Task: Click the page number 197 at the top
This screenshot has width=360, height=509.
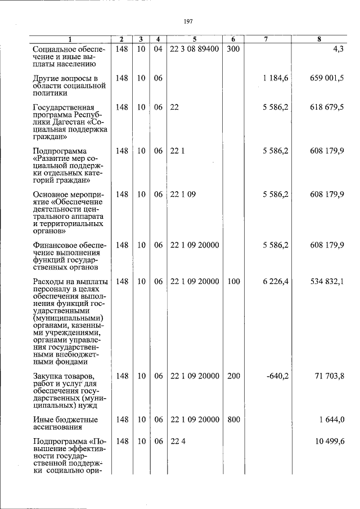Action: point(188,21)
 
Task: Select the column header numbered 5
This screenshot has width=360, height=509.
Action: point(194,39)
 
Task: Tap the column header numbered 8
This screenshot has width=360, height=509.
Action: point(319,39)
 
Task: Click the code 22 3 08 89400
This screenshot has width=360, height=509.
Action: point(194,49)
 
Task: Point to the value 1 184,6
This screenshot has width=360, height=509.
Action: point(275,78)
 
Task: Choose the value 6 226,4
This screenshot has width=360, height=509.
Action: point(275,281)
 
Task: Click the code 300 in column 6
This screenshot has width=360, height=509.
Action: point(233,49)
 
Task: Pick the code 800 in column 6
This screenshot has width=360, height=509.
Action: point(233,420)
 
